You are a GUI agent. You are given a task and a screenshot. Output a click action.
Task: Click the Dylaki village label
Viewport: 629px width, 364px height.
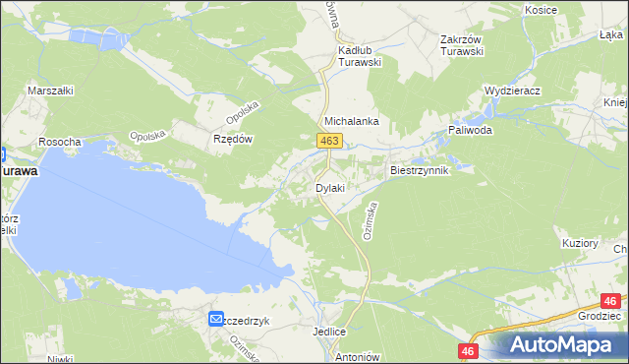328,187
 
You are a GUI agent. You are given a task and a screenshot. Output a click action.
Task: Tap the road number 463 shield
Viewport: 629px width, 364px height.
329,143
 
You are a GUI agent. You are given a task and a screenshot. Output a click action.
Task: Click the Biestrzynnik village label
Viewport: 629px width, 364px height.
420,170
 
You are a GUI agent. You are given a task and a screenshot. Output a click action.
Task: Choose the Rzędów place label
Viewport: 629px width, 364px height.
234,139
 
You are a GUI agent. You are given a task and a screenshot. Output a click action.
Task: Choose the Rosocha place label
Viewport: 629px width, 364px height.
59,142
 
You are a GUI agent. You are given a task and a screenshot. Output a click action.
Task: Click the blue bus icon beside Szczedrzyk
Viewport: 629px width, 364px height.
215,319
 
